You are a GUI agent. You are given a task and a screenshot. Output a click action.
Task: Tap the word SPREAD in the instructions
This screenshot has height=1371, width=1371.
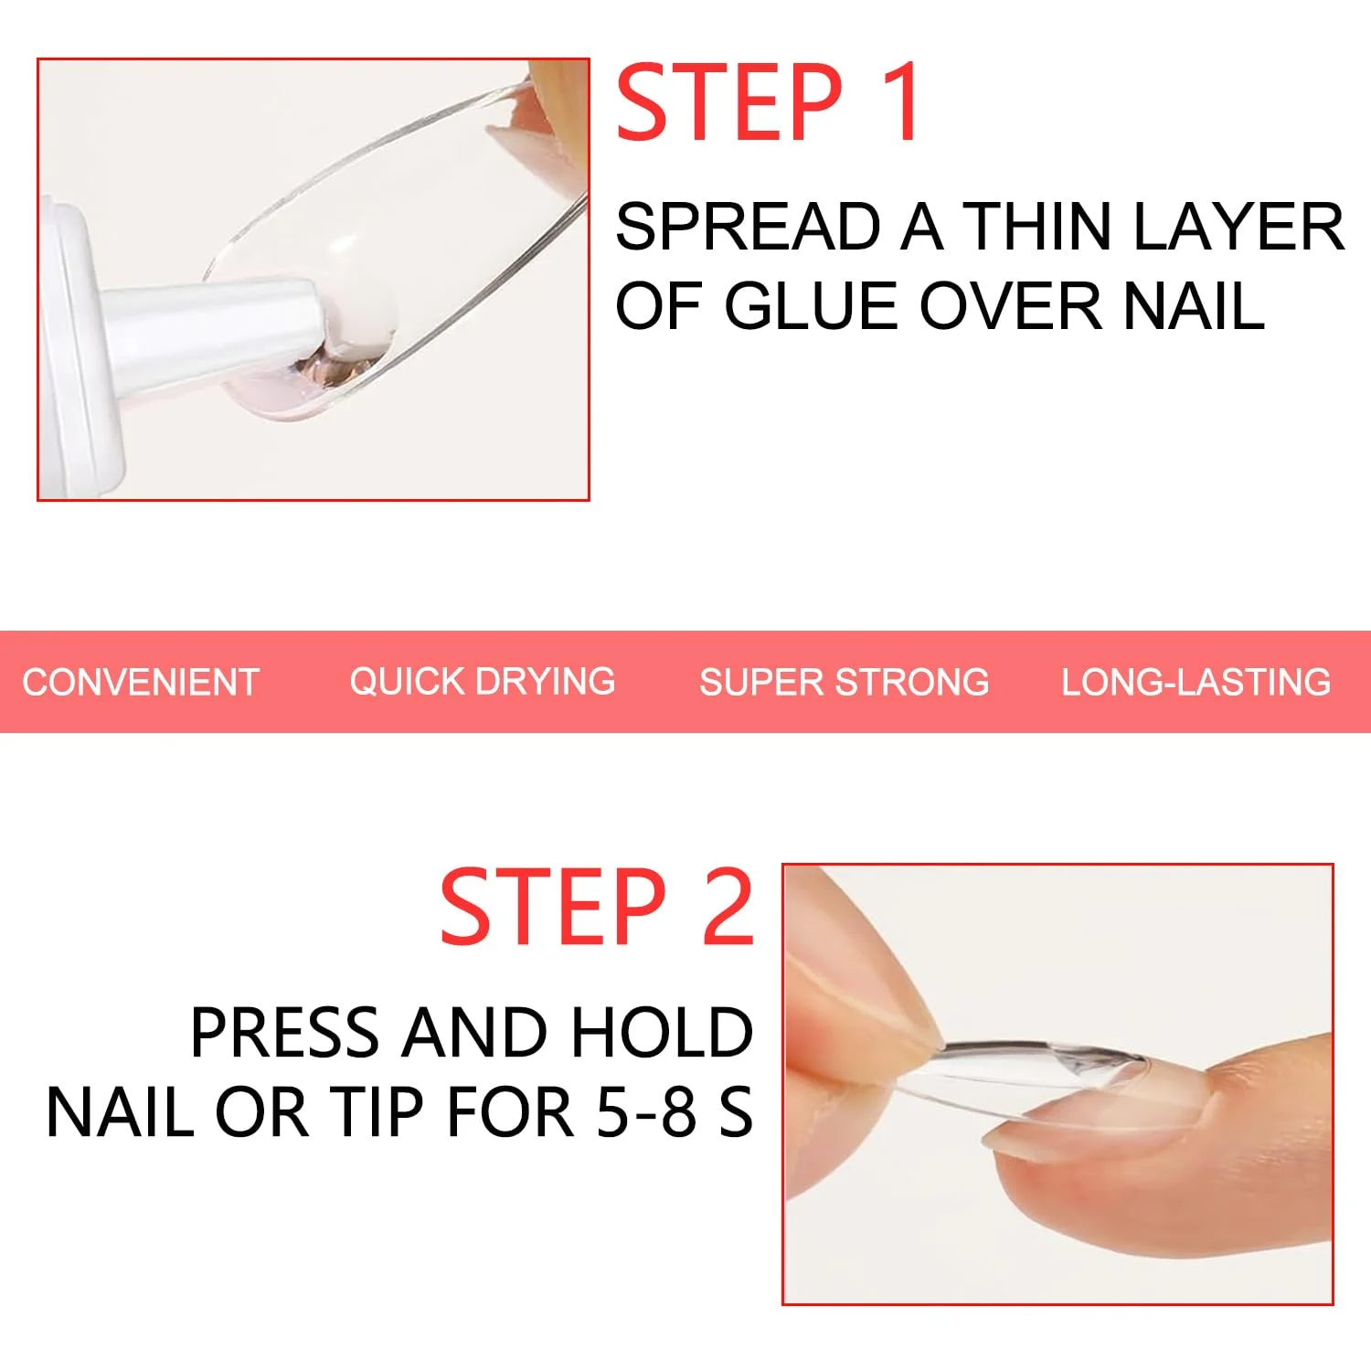[x=749, y=227]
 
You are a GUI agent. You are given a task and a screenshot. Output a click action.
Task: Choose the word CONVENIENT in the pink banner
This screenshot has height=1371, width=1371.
[x=141, y=683]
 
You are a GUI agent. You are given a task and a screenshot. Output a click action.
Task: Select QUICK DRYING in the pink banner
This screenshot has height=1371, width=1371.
[x=483, y=682]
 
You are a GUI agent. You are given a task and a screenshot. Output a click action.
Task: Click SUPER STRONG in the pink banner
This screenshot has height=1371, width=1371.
[x=845, y=683]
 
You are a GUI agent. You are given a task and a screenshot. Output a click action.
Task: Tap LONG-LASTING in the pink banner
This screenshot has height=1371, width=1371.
[x=1196, y=683]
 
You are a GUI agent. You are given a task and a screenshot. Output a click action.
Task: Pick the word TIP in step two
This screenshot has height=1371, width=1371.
[x=378, y=1112]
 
